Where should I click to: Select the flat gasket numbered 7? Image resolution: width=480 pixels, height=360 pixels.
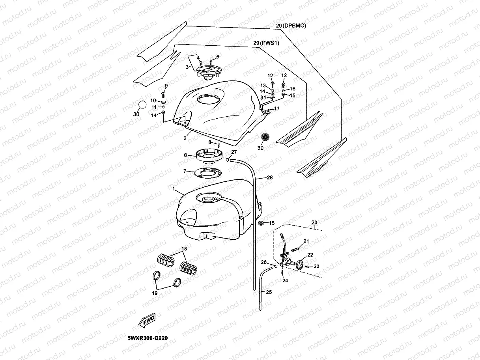click(x=205, y=172)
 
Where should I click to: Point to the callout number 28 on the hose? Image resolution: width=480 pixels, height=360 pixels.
click(x=269, y=178)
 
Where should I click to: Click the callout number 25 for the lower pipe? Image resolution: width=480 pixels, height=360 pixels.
click(x=269, y=293)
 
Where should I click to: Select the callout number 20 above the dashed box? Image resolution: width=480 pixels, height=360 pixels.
click(x=314, y=223)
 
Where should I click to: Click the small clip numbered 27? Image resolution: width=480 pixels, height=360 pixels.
click(x=228, y=159)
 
